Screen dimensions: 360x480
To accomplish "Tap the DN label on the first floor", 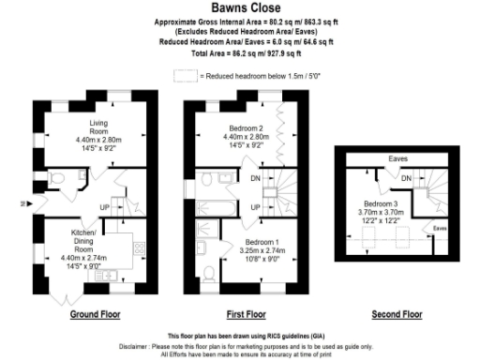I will pos(254,177).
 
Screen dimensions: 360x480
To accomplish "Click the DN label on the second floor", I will pos(407,178).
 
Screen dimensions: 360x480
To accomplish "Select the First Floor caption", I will pos(246,314).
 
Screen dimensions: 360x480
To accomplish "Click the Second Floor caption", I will pos(397,314).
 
